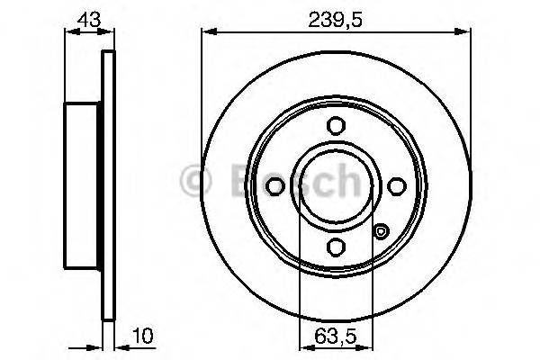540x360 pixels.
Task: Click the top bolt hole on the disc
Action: pyautogui.click(x=335, y=126)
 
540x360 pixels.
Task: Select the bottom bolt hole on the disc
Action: pyautogui.click(x=335, y=245)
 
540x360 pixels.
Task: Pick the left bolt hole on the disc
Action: pyautogui.click(x=275, y=185)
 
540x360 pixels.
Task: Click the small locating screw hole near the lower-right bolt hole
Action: pyautogui.click(x=381, y=232)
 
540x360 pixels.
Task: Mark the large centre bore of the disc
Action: pyautogui.click(x=335, y=185)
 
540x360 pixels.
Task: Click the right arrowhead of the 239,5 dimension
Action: pyautogui.click(x=467, y=31)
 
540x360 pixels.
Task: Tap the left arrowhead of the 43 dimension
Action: pyautogui.click(x=69, y=31)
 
